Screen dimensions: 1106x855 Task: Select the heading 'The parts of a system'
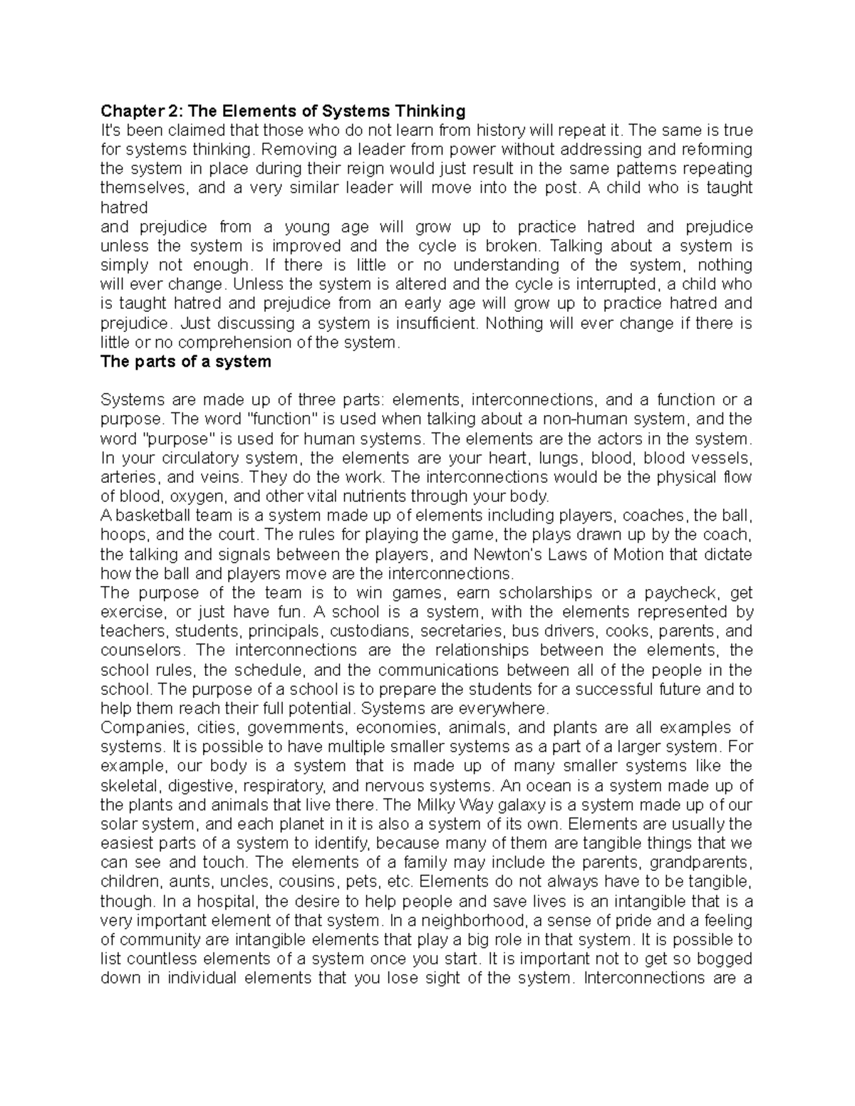coord(186,361)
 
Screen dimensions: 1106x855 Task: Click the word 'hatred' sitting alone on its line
coord(124,207)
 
